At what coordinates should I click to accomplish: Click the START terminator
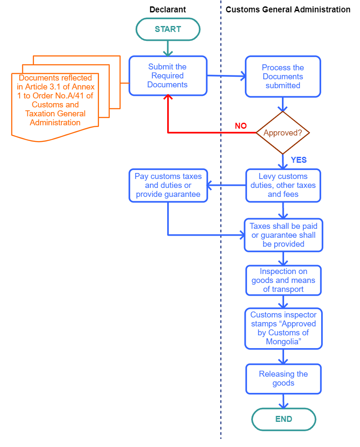click(x=168, y=29)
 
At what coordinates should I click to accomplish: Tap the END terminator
click(x=284, y=419)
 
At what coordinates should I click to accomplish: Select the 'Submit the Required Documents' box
click(x=168, y=76)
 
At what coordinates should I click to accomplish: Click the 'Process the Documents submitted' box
click(x=283, y=77)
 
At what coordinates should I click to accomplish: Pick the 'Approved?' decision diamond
click(x=282, y=133)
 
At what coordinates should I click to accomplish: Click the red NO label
click(x=241, y=126)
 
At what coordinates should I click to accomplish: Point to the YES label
click(x=299, y=160)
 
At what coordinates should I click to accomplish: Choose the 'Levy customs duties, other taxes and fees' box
click(x=283, y=185)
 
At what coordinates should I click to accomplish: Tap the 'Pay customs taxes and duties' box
click(x=168, y=185)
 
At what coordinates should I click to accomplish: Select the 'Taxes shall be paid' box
click(x=283, y=235)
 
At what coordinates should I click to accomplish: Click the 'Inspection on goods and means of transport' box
click(x=283, y=280)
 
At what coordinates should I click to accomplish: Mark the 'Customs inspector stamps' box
click(x=283, y=329)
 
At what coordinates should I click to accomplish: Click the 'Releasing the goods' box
click(x=283, y=378)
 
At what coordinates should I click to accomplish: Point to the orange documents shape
click(x=55, y=102)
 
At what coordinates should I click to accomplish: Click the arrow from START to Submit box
click(x=168, y=49)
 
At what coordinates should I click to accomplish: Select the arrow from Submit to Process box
click(x=226, y=76)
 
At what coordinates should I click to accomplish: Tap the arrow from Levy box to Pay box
click(x=226, y=185)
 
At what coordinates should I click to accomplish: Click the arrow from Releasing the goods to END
click(x=283, y=401)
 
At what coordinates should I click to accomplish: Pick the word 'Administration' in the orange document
click(x=55, y=123)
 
